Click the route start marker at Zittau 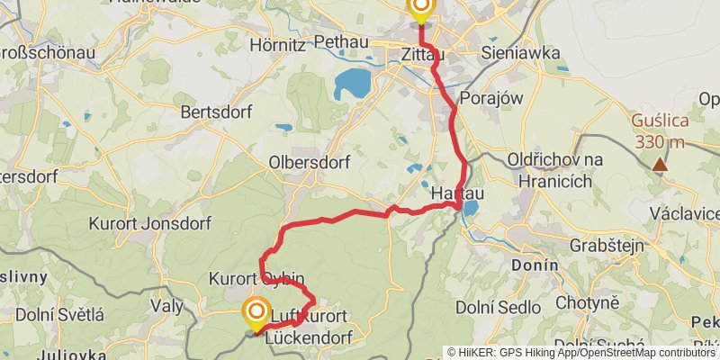pos(420,9)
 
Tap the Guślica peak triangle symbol pos(661,164)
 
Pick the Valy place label pos(167,306)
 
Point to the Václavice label pos(688,213)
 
